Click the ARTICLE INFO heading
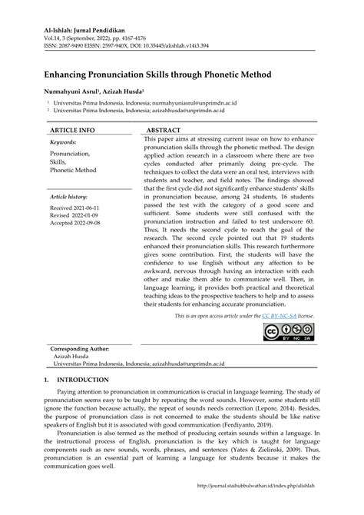[72, 131]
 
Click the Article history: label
[70, 198]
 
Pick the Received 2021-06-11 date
[75, 209]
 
